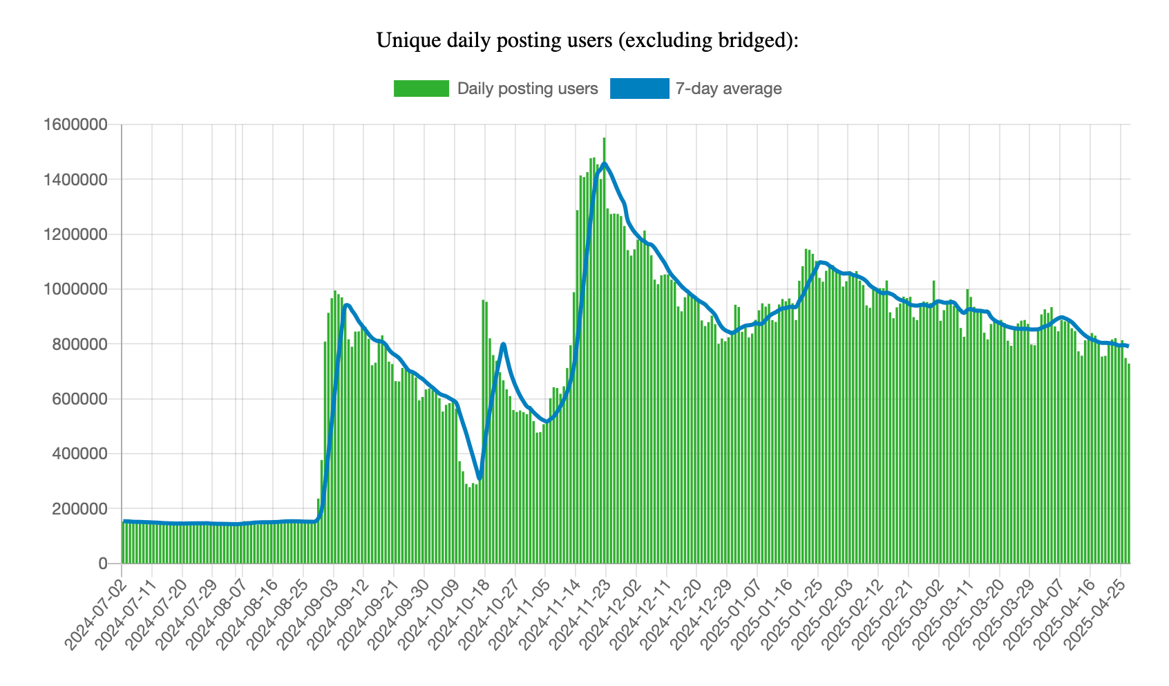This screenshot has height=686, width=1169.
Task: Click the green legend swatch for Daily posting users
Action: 421,89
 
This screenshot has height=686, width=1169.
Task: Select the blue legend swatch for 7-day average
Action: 639,89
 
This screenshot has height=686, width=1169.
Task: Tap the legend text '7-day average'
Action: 728,89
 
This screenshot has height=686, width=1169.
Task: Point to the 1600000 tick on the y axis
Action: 75,125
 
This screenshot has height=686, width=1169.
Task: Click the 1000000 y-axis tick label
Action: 75,290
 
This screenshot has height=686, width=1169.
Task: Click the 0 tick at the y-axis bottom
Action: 103,564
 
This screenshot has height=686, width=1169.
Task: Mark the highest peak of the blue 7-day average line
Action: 604,164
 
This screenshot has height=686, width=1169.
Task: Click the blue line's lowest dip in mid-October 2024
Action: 479,478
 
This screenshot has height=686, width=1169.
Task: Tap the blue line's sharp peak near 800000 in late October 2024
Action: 503,344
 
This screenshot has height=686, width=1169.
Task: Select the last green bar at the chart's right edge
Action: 1128,463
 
